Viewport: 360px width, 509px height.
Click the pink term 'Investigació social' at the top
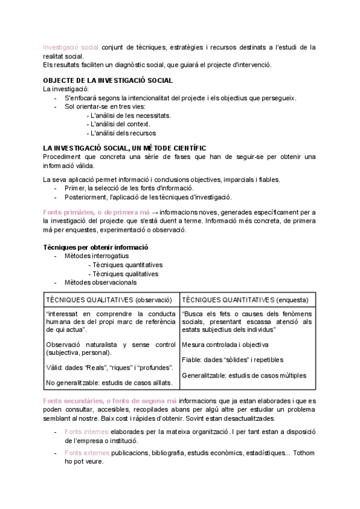click(71, 47)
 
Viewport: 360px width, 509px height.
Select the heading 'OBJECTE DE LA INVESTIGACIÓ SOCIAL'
click(109, 80)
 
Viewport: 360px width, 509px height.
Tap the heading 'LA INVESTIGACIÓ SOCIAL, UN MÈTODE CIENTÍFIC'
click(125, 148)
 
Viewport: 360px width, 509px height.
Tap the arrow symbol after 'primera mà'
click(155, 212)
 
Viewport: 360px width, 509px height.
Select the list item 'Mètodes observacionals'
click(100, 282)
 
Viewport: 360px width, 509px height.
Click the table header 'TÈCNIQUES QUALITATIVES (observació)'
click(109, 300)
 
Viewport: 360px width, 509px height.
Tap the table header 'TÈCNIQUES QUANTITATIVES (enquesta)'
click(245, 300)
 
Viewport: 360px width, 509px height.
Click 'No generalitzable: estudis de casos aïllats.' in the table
click(110, 382)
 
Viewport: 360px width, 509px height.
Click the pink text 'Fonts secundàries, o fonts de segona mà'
click(109, 400)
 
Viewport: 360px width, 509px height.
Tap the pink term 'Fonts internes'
click(86, 432)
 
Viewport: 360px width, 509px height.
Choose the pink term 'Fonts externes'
click(88, 453)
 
